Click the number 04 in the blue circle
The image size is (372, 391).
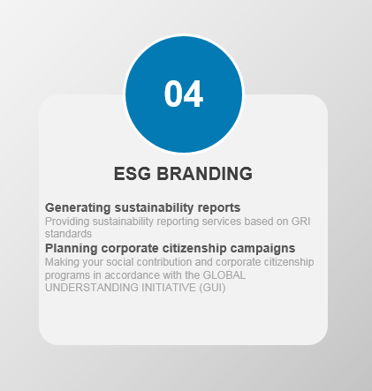[x=184, y=94]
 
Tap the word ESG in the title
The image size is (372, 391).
[x=133, y=174]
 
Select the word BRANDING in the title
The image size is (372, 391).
[x=204, y=174]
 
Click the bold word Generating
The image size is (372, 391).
[x=78, y=208]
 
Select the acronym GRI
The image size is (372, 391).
[x=300, y=222]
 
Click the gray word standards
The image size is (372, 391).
[x=68, y=234]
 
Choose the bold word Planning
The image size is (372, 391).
[x=72, y=249]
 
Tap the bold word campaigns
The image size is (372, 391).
[x=262, y=249]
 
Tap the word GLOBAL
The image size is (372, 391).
[x=224, y=275]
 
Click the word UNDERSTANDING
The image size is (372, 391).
[x=92, y=288]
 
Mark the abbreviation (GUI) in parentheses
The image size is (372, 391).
[x=212, y=288]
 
